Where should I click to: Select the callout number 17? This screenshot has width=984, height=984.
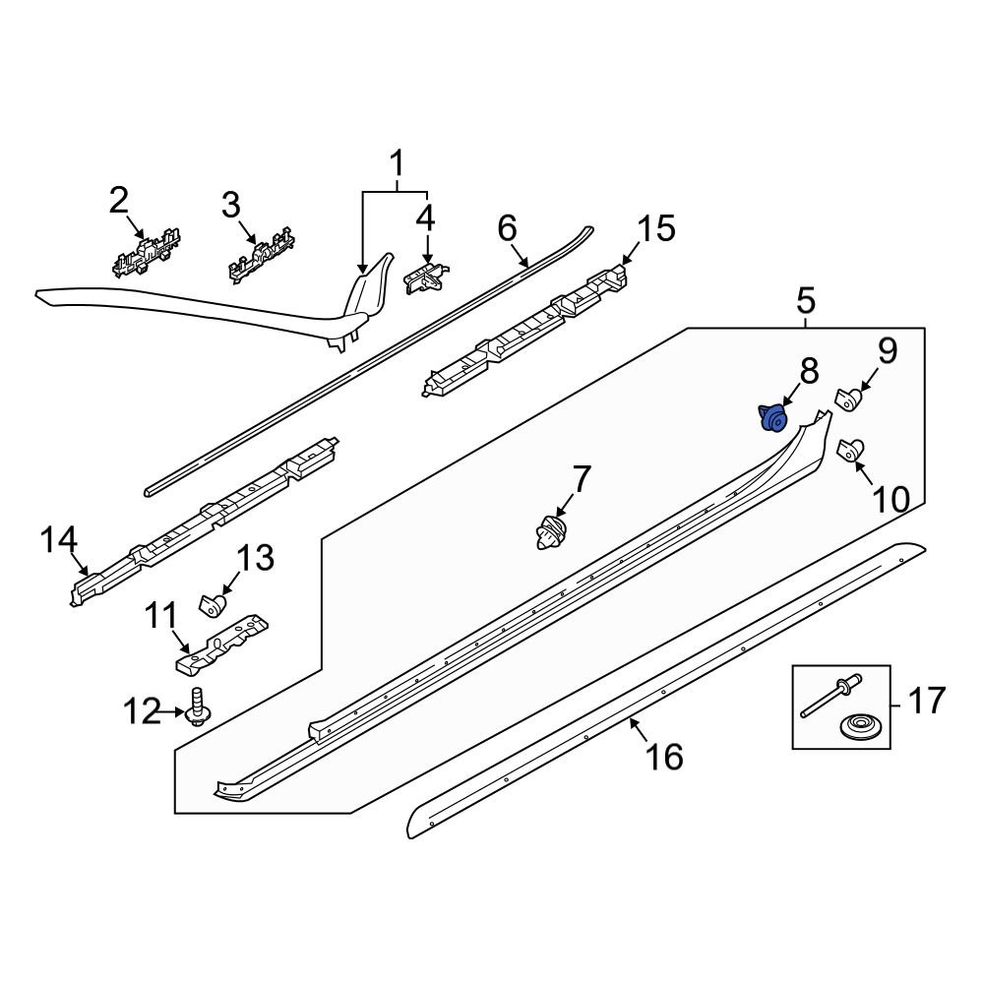[924, 703]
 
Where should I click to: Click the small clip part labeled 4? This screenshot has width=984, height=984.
[426, 277]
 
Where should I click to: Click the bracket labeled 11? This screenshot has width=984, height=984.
[224, 641]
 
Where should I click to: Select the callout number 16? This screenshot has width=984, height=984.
[665, 757]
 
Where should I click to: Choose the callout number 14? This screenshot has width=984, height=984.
[59, 539]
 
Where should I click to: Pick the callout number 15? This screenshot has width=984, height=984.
[656, 229]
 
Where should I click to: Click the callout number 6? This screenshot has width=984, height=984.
[507, 229]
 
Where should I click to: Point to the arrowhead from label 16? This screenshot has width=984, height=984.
[633, 723]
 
